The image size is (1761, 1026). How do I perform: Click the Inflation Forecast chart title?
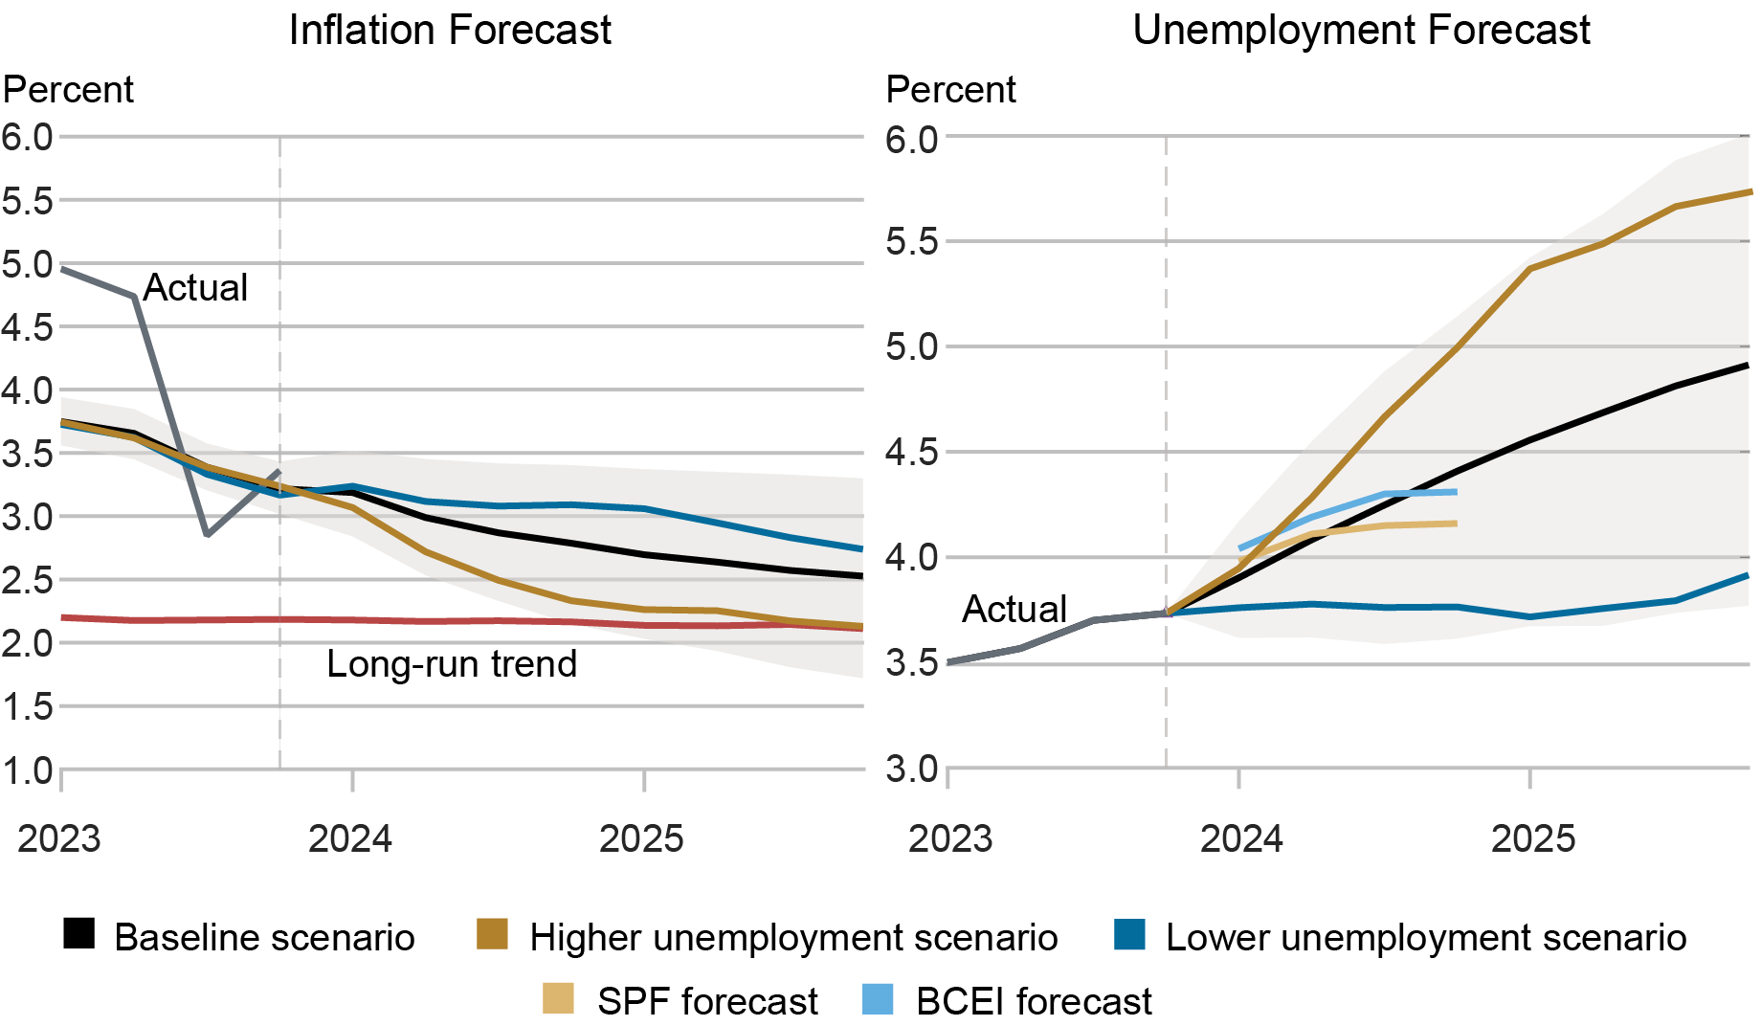click(450, 30)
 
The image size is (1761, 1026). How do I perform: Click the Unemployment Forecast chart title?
click(1361, 30)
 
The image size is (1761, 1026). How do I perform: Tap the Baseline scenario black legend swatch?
click(79, 933)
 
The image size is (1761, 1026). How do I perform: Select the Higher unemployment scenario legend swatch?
click(492, 933)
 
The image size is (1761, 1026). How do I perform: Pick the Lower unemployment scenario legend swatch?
click(1130, 933)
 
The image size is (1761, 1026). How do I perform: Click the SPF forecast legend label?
click(707, 1001)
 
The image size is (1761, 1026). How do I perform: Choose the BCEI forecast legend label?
click(1034, 1001)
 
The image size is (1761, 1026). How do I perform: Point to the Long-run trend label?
click(452, 663)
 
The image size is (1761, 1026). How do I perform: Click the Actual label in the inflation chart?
click(195, 287)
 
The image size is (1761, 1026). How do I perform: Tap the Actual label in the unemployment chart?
click(1014, 609)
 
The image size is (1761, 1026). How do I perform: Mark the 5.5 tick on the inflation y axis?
click(28, 201)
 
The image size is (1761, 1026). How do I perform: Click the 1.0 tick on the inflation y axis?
click(28, 770)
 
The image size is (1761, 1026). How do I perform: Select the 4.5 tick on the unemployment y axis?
click(911, 452)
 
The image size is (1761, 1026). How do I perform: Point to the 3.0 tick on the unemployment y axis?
click(911, 769)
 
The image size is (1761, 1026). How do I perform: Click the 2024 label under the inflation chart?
click(350, 838)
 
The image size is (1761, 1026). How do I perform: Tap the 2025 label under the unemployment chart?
click(1532, 838)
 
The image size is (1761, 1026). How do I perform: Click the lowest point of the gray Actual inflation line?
click(207, 534)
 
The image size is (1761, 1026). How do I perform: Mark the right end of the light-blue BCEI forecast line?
click(1456, 492)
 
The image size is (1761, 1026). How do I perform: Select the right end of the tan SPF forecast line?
click(1456, 524)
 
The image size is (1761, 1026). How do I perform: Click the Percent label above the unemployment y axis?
click(950, 89)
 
